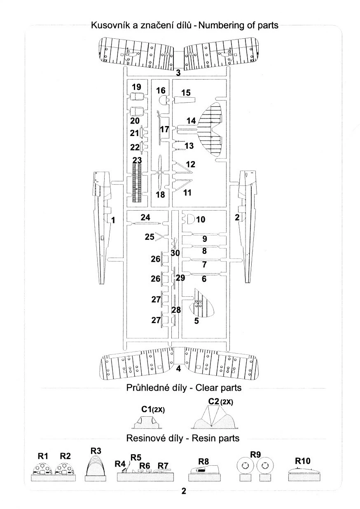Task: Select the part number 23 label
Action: click(x=137, y=160)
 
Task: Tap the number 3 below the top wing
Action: click(x=178, y=73)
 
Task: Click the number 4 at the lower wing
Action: click(x=178, y=368)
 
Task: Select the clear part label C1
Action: click(x=147, y=409)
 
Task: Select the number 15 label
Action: click(x=186, y=92)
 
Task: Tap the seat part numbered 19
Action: click(x=136, y=98)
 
